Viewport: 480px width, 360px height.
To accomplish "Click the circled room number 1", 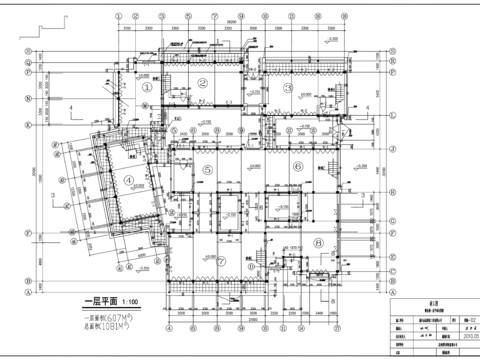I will pos(145,87).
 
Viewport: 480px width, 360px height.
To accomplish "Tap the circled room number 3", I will pos(287,88).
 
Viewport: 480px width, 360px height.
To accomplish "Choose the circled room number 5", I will pos(207,170).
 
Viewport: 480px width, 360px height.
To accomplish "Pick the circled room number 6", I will pos(298,170).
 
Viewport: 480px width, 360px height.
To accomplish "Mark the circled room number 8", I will pos(318,241).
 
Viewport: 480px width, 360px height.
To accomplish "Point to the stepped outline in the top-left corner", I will pos(36,29).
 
